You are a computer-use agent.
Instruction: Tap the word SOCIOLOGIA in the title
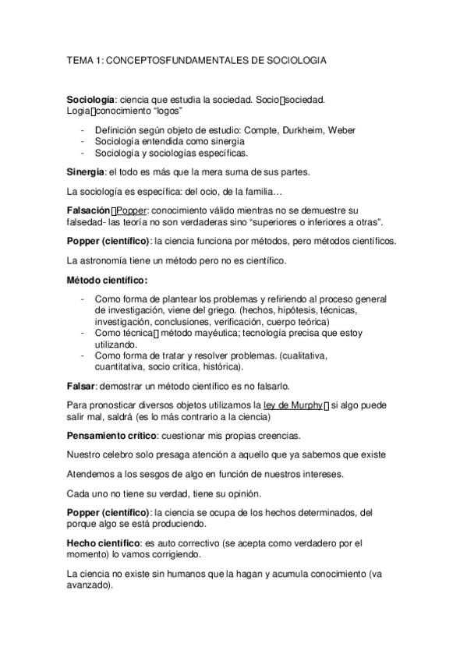pyautogui.click(x=297, y=59)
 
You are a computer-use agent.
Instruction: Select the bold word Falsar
pyautogui.click(x=80, y=386)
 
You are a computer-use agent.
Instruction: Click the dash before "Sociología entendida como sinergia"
pyautogui.click(x=83, y=142)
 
